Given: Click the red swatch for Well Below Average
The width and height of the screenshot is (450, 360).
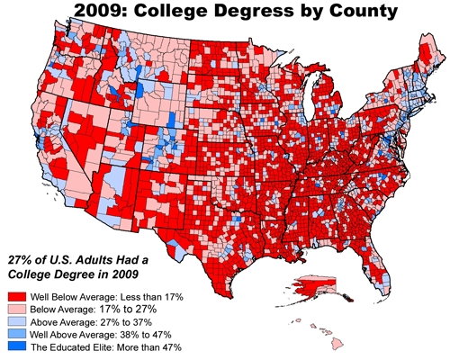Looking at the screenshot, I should [x=15, y=294].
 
